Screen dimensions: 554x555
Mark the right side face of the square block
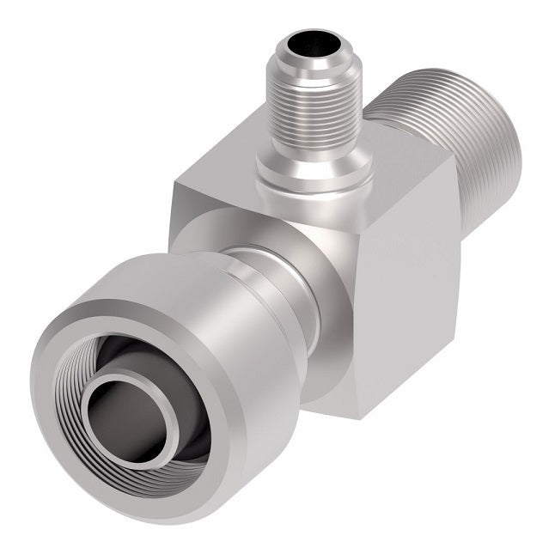click(x=412, y=283)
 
